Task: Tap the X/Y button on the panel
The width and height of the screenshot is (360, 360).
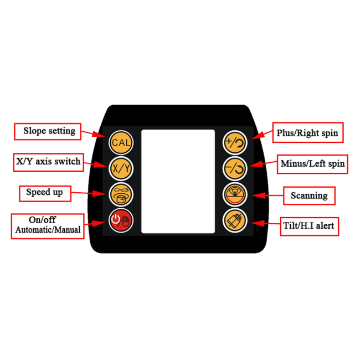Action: pos(121,167)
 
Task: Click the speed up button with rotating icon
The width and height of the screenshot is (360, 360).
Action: pos(121,193)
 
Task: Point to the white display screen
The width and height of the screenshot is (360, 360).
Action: pos(178,181)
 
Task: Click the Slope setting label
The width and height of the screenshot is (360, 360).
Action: pos(49,131)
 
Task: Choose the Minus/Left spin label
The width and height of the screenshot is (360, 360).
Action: pos(312,164)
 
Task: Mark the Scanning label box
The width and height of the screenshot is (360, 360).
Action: pos(310,195)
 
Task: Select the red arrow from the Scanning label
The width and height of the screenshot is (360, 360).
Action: pos(265,196)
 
